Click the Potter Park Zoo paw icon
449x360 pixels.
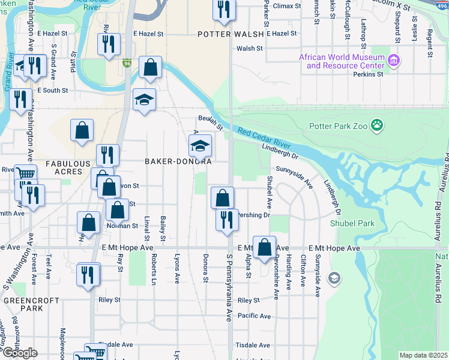pyautogui.click(x=377, y=125)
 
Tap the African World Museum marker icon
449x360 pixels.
pyautogui.click(x=394, y=61)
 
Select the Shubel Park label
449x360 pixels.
pyautogui.click(x=352, y=223)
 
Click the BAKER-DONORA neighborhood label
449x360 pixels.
pyautogui.click(x=178, y=161)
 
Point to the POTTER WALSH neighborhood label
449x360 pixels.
pyautogui.click(x=231, y=35)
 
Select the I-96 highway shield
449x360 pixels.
pyautogui.click(x=127, y=62)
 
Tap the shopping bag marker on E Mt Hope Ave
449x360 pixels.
pyautogui.click(x=264, y=247)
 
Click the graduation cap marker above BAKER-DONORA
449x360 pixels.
pyautogui.click(x=200, y=145)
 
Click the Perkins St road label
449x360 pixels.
pyautogui.click(x=369, y=74)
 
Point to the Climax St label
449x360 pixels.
pyautogui.click(x=286, y=6)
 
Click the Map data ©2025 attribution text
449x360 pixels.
pyautogui.click(x=424, y=355)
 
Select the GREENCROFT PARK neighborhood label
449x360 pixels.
pyautogui.click(x=23, y=304)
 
